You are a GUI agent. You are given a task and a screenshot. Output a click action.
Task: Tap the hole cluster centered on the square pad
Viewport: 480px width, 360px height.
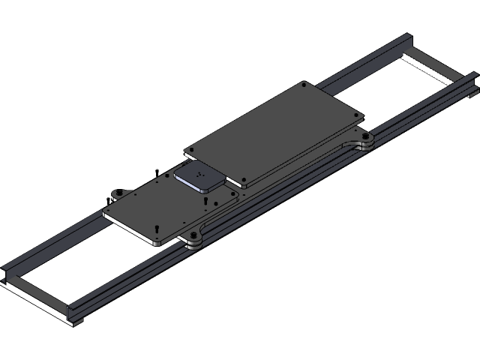(199, 178)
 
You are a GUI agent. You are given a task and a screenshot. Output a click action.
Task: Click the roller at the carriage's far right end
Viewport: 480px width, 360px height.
(366, 140)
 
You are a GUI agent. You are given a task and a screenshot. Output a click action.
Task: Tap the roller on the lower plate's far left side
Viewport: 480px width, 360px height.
(117, 195)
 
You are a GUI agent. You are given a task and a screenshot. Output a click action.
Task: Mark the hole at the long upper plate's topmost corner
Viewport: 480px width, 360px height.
(303, 85)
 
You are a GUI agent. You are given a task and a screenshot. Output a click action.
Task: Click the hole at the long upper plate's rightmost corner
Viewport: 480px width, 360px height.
(357, 115)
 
